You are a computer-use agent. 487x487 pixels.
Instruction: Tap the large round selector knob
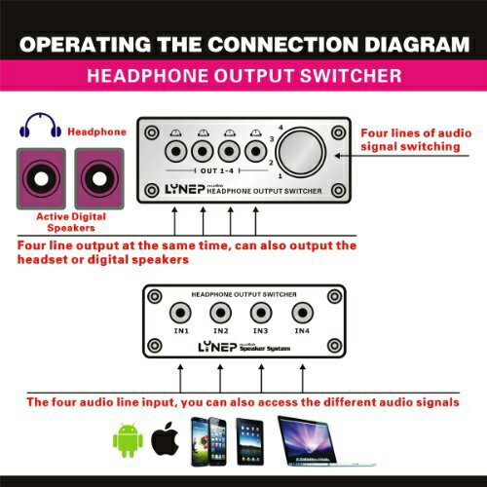click(x=301, y=152)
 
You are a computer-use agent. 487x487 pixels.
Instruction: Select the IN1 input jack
click(x=181, y=313)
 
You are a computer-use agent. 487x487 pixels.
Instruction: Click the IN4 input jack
click(x=302, y=313)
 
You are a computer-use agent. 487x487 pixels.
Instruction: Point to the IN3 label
click(x=260, y=331)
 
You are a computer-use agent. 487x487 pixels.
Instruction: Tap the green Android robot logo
click(x=128, y=440)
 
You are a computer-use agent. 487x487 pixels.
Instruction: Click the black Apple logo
click(x=166, y=438)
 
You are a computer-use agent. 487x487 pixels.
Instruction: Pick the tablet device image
click(x=249, y=441)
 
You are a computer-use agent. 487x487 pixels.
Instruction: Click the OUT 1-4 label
click(x=217, y=170)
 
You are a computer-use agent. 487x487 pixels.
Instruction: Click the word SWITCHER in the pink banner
click(x=351, y=76)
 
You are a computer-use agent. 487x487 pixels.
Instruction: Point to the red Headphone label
click(x=96, y=131)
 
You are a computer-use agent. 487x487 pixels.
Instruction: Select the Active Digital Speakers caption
click(x=71, y=222)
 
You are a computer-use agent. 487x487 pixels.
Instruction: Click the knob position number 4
click(x=281, y=128)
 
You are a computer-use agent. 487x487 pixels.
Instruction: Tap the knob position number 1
click(x=281, y=176)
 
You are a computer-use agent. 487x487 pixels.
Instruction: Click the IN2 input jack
click(x=221, y=313)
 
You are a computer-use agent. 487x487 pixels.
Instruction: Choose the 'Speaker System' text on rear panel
click(x=265, y=349)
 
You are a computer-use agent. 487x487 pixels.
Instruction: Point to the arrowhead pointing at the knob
click(x=338, y=156)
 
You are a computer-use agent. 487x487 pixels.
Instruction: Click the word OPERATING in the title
click(x=85, y=44)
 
